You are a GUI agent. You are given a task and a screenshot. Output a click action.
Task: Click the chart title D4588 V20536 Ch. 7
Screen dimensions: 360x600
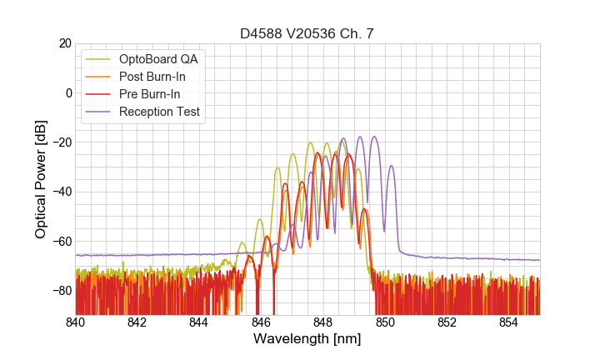pos(307,33)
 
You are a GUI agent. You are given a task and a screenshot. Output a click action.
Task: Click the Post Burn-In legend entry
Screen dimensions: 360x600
pos(152,77)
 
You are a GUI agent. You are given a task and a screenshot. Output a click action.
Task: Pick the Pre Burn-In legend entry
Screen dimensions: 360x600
pos(149,94)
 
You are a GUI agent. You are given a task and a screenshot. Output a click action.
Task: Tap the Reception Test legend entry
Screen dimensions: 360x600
pos(160,112)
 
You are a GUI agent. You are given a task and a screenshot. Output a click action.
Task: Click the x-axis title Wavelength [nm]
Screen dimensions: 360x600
pos(307,339)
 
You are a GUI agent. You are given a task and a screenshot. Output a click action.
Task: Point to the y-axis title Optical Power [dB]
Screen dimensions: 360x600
pos(41,179)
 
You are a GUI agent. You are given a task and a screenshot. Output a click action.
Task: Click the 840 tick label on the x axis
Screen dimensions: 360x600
pos(76,322)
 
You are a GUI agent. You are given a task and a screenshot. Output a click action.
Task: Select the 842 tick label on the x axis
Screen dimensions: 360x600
pos(137,322)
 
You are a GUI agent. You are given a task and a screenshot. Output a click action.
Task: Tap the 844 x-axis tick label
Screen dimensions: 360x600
pos(199,322)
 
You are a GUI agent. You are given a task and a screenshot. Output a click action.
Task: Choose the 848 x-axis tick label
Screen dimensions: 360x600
pos(323,322)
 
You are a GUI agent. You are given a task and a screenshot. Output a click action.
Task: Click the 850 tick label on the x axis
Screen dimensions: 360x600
pos(385,322)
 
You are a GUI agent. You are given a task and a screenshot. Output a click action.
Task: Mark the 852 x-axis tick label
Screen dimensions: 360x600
pos(447,322)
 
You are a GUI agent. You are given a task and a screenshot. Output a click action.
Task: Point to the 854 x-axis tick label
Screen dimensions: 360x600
pos(509,322)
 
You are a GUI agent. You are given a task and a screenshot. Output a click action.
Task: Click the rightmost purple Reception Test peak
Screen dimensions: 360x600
pos(391,166)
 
